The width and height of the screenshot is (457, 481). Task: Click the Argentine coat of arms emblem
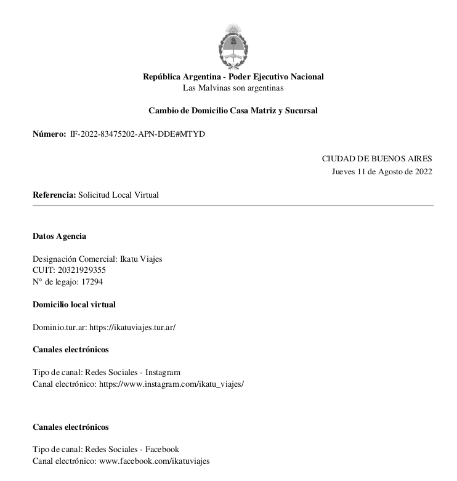233,46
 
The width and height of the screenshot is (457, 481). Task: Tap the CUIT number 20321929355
79,270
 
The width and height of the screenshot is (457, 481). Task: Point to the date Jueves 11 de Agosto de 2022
382,171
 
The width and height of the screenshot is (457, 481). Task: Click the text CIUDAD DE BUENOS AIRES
377,159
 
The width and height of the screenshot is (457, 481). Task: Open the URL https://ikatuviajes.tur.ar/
132,327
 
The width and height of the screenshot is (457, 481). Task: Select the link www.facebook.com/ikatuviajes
155,461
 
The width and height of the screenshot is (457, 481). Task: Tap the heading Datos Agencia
59,236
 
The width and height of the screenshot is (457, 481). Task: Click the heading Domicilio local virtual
74,304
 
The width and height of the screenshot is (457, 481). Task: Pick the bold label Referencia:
54,195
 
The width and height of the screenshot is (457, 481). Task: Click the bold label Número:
49,134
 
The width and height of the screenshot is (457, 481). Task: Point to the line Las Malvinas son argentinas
233,88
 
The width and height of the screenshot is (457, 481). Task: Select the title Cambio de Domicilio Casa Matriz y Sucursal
233,111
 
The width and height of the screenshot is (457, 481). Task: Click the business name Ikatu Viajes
141,259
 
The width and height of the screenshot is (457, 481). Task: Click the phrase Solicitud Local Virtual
118,195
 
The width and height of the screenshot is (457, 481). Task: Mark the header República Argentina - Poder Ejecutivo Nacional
233,77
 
